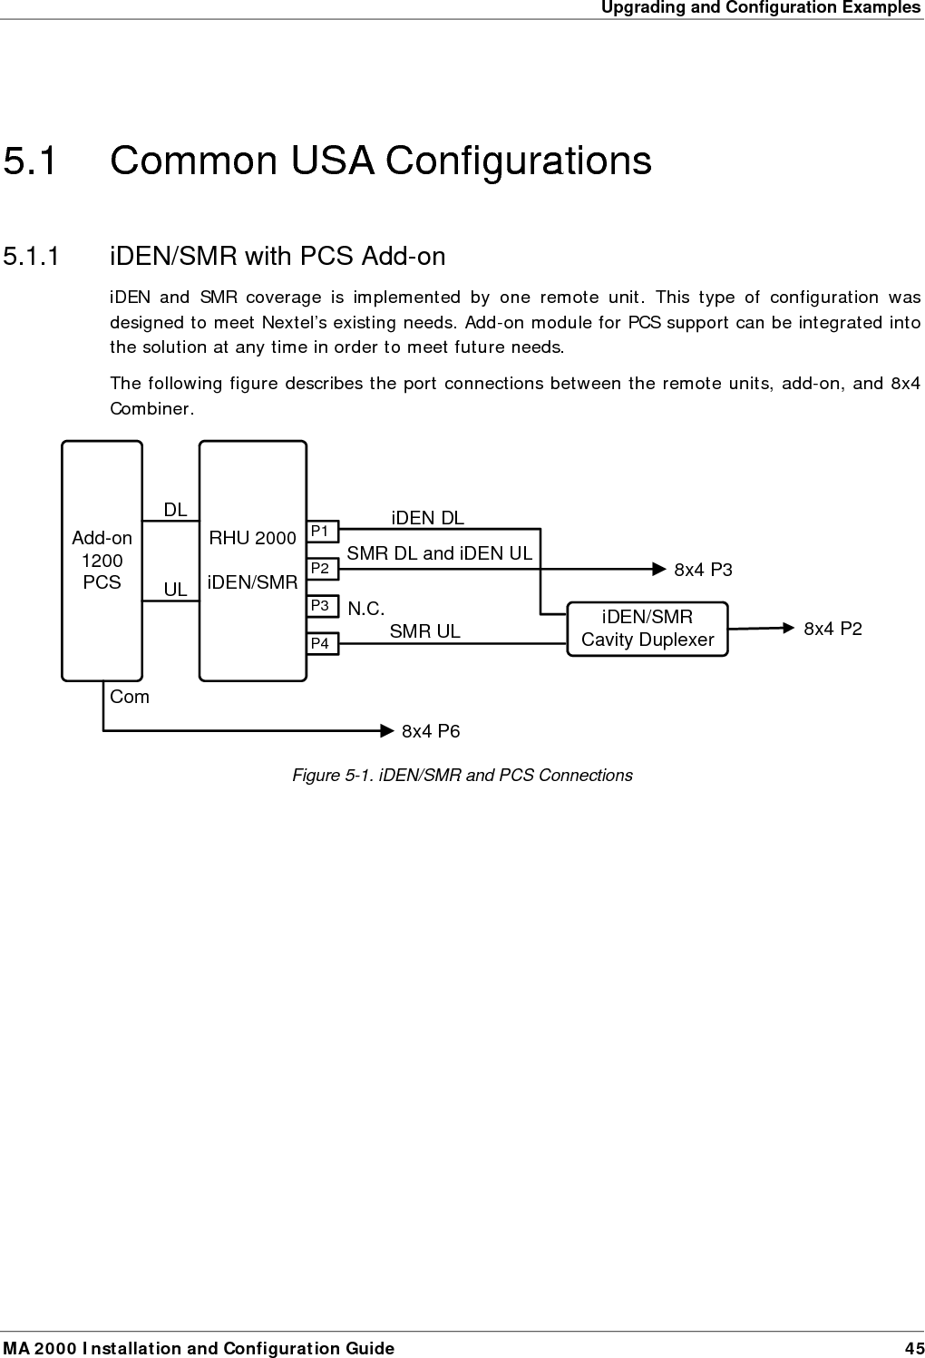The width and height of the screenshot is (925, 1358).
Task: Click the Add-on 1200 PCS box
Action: [102, 561]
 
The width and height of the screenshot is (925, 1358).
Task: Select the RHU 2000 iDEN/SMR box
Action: [252, 561]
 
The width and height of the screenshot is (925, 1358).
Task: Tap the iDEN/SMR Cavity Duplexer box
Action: [647, 629]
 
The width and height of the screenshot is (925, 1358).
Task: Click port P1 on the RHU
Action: [321, 531]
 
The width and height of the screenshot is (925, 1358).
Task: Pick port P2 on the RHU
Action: [321, 569]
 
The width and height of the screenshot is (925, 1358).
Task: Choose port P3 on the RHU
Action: [321, 605]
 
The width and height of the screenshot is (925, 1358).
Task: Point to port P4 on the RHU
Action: [321, 644]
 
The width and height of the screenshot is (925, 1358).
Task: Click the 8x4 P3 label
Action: [703, 570]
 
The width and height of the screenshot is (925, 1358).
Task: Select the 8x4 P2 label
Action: [832, 629]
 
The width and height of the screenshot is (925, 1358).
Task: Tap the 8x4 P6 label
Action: [431, 731]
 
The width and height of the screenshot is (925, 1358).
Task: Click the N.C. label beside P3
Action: [366, 610]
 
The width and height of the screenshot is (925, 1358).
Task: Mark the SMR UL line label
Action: [424, 631]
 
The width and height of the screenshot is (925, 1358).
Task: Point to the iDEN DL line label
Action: [427, 518]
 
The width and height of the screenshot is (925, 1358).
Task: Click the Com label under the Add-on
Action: [130, 697]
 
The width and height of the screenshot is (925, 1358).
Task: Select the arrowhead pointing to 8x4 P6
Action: [388, 729]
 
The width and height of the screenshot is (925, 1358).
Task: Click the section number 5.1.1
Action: [32, 257]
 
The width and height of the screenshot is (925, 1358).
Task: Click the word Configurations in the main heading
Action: [518, 161]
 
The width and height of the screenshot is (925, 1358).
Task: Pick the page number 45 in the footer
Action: [914, 1348]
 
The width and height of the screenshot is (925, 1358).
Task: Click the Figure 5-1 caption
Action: [462, 776]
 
